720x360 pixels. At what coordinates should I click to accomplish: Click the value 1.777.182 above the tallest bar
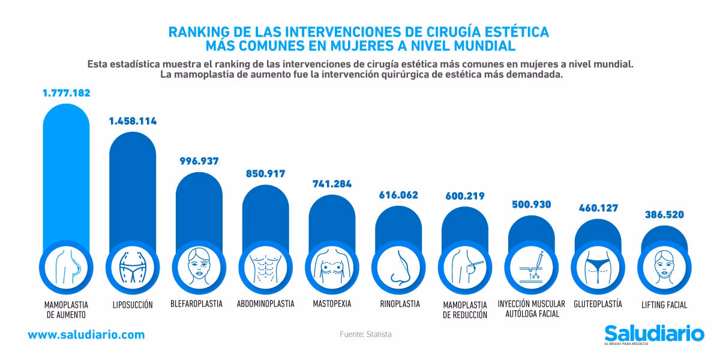point(66,93)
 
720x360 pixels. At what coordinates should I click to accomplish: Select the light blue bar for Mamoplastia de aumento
point(66,174)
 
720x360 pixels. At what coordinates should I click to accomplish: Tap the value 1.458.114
point(133,121)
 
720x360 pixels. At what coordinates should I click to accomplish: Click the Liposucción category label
point(133,305)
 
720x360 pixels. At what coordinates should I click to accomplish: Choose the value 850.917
point(265,174)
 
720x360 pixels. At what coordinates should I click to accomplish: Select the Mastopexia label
point(332,304)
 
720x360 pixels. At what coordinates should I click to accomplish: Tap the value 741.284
point(332,184)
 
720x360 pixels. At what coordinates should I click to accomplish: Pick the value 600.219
point(465,196)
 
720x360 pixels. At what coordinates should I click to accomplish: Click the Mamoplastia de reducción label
point(465,309)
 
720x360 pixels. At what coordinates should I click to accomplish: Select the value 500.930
point(532,204)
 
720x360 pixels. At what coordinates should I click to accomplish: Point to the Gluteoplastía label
point(598,304)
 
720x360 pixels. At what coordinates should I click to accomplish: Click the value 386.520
point(664,214)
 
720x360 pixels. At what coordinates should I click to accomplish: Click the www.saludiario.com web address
point(86,335)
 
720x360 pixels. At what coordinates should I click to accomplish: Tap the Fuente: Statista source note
point(365,334)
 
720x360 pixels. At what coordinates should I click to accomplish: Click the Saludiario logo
point(654,334)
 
